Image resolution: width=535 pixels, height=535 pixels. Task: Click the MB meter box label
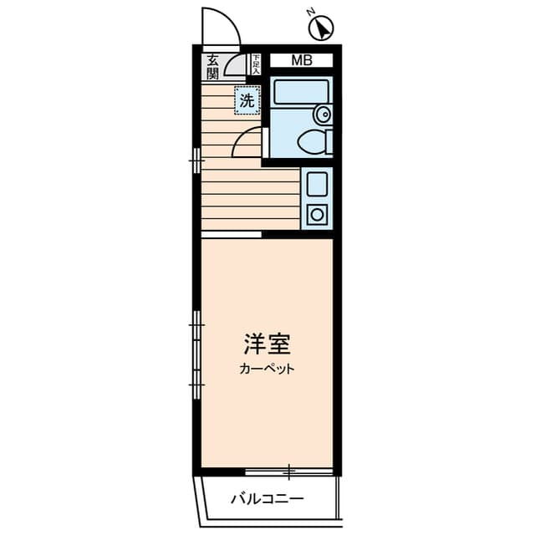click(302, 60)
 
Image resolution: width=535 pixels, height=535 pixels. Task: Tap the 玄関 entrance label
click(212, 67)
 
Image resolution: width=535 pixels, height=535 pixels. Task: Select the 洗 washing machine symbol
click(247, 100)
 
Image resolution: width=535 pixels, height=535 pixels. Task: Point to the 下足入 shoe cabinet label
click(256, 64)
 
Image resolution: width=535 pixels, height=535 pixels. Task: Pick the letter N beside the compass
click(310, 13)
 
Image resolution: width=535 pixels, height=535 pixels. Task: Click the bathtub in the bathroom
click(302, 91)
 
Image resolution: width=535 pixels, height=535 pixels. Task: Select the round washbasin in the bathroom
click(323, 115)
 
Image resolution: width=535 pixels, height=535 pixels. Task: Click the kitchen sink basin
click(318, 184)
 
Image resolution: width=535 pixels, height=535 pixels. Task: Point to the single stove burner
click(318, 215)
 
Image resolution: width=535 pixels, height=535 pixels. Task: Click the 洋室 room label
click(267, 344)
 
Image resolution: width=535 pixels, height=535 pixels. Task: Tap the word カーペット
click(267, 369)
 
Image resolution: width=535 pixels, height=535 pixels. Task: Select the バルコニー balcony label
click(267, 499)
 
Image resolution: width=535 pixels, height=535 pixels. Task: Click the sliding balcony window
click(288, 472)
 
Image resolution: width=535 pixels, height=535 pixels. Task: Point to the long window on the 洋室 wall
click(196, 354)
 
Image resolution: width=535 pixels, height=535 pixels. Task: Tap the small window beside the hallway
click(196, 160)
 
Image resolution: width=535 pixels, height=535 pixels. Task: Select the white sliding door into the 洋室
click(232, 234)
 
